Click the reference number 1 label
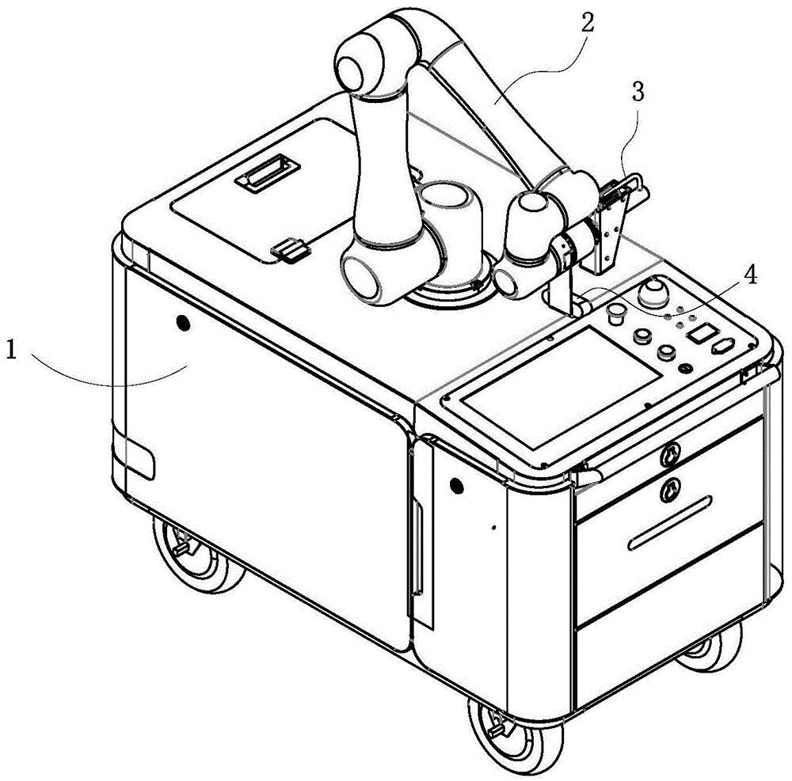point(11,350)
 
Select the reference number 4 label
point(752,275)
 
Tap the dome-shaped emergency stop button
point(653,292)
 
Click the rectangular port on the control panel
point(699,333)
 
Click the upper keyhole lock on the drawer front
point(668,455)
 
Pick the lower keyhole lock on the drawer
point(670,489)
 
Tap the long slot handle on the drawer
point(670,522)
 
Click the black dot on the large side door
point(183,323)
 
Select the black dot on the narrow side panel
point(457,485)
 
